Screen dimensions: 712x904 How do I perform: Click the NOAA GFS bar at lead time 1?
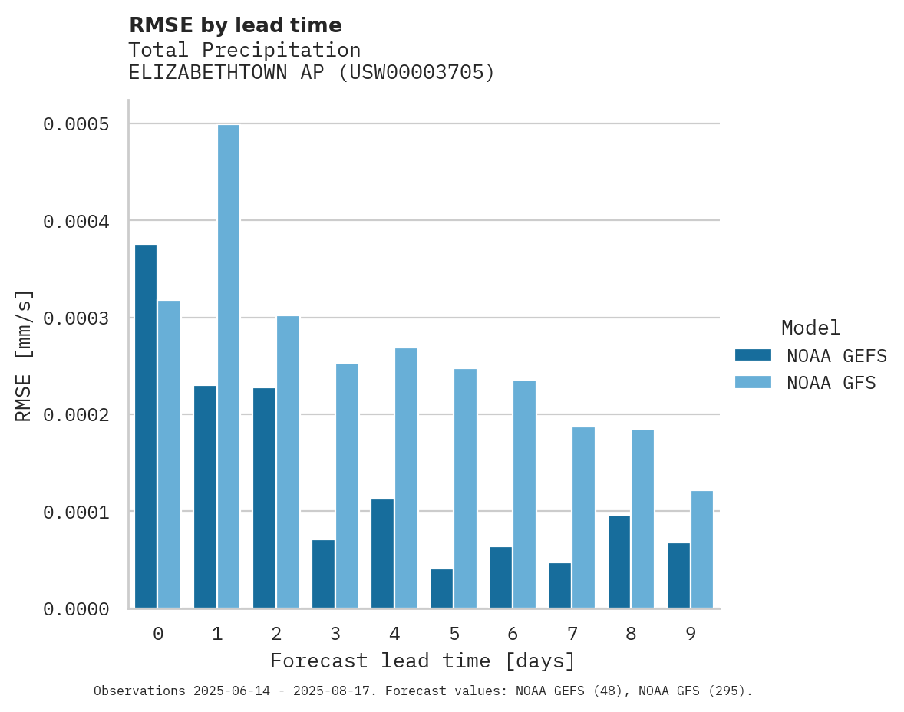pos(229,367)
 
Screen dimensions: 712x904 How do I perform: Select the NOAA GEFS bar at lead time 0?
pos(146,427)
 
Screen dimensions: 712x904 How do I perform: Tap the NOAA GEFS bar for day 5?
pos(441,588)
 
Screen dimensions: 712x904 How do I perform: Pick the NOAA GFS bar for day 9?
pos(702,549)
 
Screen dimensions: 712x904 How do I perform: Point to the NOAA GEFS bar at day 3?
pos(323,574)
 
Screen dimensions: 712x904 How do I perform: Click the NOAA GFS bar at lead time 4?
pos(406,478)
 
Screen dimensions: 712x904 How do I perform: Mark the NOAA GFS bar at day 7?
pos(583,518)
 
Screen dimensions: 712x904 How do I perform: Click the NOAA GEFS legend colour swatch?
pos(753,355)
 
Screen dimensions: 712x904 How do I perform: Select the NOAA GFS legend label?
pos(831,383)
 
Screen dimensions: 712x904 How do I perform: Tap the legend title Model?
pos(810,328)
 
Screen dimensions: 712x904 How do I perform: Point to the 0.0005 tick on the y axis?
pos(75,124)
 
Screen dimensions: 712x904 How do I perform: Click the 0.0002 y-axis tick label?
pos(75,415)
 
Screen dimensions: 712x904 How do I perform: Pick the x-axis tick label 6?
pos(513,634)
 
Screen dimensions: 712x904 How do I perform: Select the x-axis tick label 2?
pos(276,634)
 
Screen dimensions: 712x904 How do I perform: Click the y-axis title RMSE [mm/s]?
pos(24,355)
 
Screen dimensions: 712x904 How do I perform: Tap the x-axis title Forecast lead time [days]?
pos(423,661)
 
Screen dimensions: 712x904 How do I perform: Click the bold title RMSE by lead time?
pos(235,25)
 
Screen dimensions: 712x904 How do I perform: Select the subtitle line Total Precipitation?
pos(244,50)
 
